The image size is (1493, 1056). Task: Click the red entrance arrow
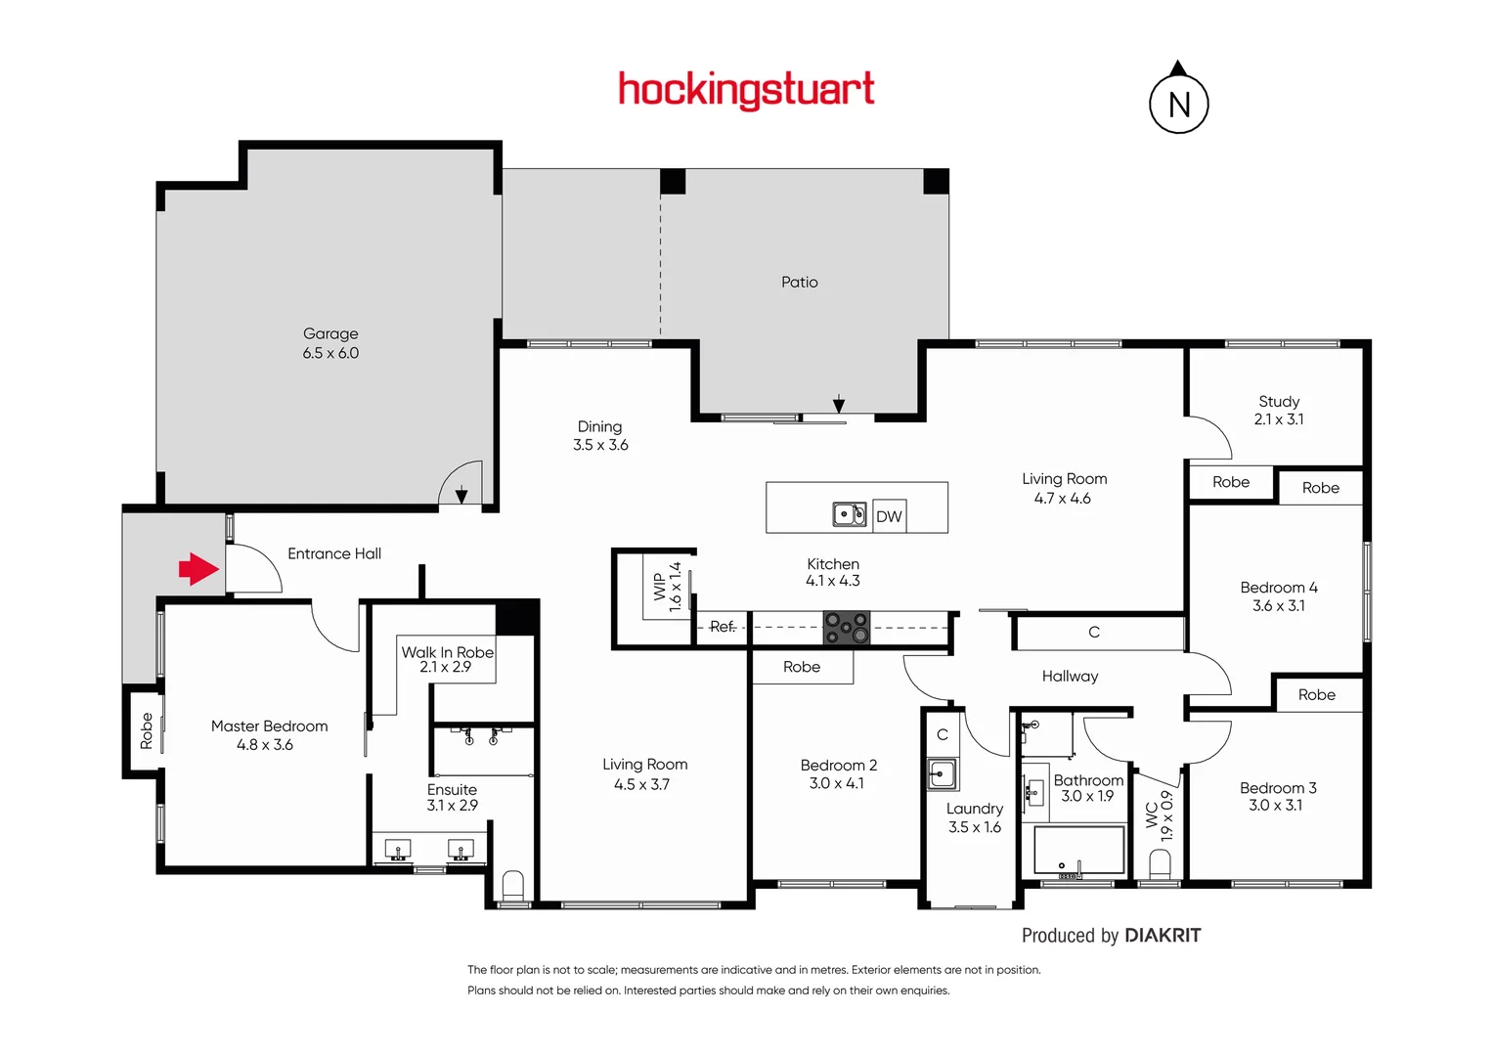pyautogui.click(x=198, y=568)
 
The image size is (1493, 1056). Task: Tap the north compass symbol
pyautogui.click(x=1179, y=103)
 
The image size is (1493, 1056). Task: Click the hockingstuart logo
pyautogui.click(x=746, y=90)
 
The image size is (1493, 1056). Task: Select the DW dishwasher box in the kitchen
pyautogui.click(x=889, y=516)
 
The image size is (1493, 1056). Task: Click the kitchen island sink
pyautogui.click(x=849, y=514)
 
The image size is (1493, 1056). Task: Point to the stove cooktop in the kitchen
pyautogui.click(x=847, y=628)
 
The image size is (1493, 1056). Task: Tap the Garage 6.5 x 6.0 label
pyautogui.click(x=330, y=343)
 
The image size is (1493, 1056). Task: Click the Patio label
pyautogui.click(x=799, y=283)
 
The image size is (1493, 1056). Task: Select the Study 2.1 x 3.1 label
pyautogui.click(x=1279, y=411)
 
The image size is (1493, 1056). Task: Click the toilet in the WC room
pyautogui.click(x=1160, y=864)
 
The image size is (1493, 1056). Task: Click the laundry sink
pyautogui.click(x=942, y=774)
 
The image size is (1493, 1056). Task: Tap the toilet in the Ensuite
pyautogui.click(x=512, y=886)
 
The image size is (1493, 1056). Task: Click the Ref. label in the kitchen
pyautogui.click(x=723, y=627)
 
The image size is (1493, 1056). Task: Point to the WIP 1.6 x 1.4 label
pyautogui.click(x=667, y=586)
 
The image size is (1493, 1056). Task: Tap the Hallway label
pyautogui.click(x=1070, y=677)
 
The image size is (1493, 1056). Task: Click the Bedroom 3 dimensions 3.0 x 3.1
pyautogui.click(x=1275, y=806)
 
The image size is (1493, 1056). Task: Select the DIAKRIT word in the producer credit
pyautogui.click(x=1163, y=936)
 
